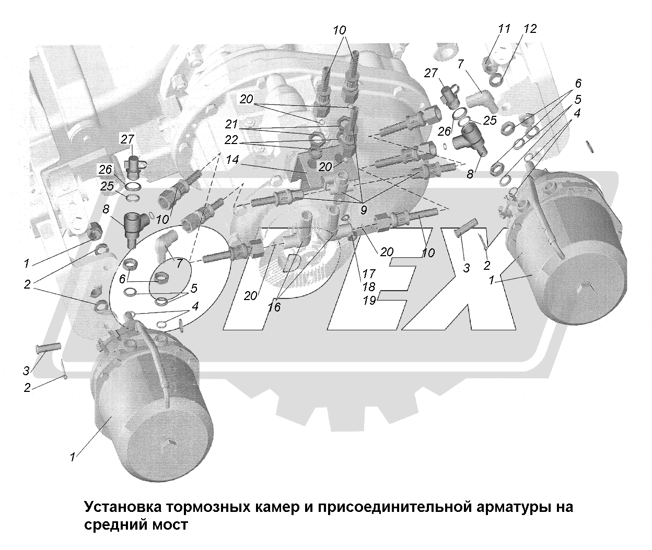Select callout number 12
point(529,29)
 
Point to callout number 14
point(232,162)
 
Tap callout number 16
point(274,307)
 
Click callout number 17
point(369,273)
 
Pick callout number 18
point(369,287)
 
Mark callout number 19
point(369,301)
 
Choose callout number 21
point(232,125)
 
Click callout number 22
point(232,141)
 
